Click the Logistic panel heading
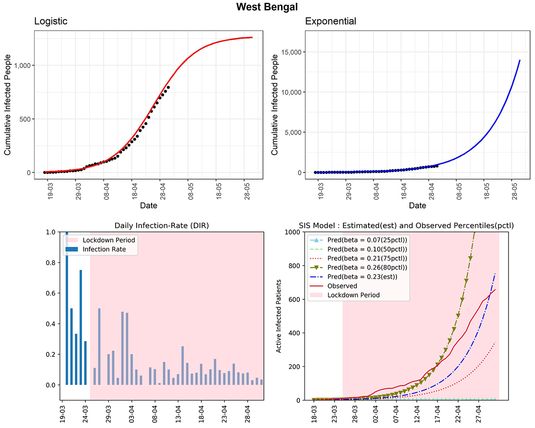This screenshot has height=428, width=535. (x=51, y=21)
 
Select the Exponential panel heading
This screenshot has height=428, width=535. (x=330, y=21)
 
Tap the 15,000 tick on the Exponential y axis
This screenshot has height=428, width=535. (x=290, y=52)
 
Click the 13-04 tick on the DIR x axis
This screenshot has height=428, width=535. (x=178, y=411)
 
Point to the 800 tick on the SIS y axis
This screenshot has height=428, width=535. (x=295, y=266)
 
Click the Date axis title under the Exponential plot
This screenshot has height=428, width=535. (x=417, y=206)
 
